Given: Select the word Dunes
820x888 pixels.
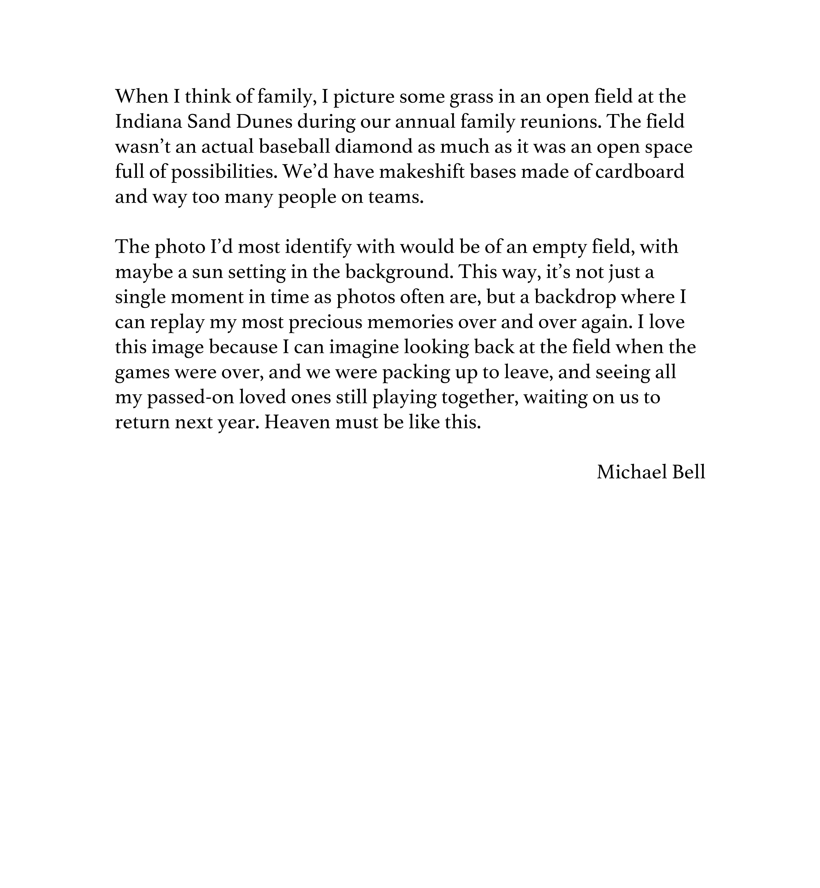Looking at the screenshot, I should coord(264,122).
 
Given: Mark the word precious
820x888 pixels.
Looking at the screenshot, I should coord(325,322).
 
